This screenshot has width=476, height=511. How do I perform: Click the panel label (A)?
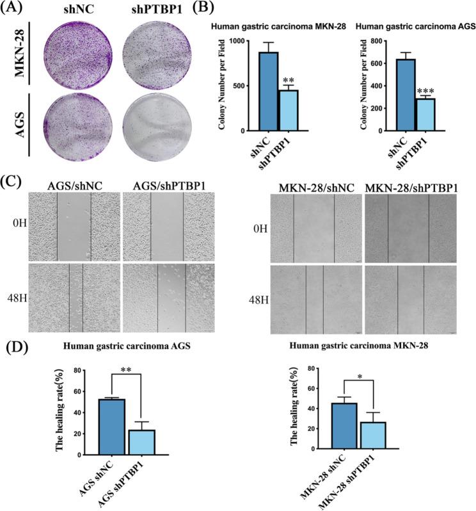[15, 9]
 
